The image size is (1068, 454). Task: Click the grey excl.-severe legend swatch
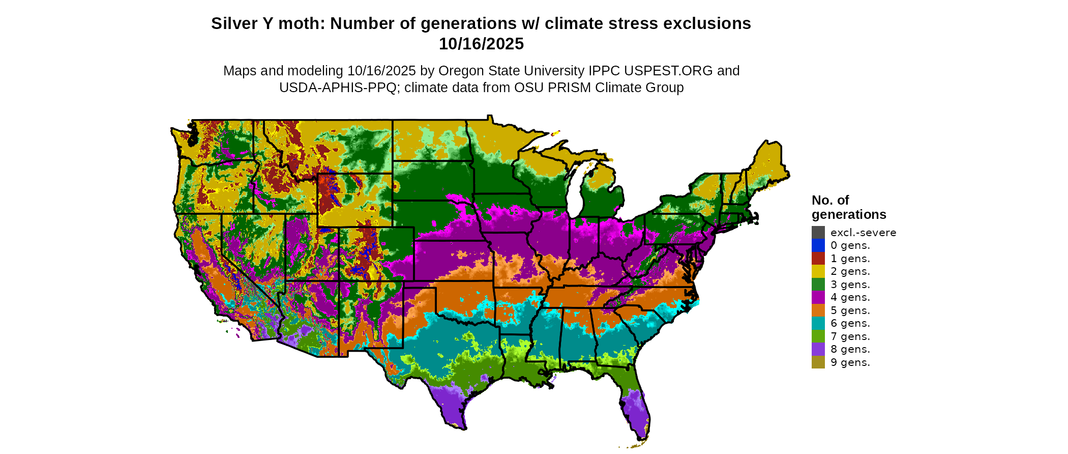click(818, 233)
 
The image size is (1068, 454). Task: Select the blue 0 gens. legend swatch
click(818, 245)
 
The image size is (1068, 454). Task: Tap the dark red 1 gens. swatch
click(818, 259)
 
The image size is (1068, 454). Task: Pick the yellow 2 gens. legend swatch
click(818, 271)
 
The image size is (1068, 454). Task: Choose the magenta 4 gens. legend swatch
click(818, 297)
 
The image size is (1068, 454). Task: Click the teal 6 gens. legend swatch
click(818, 323)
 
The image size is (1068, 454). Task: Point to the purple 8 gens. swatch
click(818, 349)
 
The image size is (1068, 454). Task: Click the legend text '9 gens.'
click(850, 362)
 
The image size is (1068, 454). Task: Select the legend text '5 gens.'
click(850, 310)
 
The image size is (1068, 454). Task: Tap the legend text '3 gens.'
click(850, 285)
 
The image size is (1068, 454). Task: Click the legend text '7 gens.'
click(850, 336)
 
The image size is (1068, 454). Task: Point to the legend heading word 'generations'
click(849, 214)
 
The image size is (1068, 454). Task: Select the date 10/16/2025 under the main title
click(481, 44)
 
